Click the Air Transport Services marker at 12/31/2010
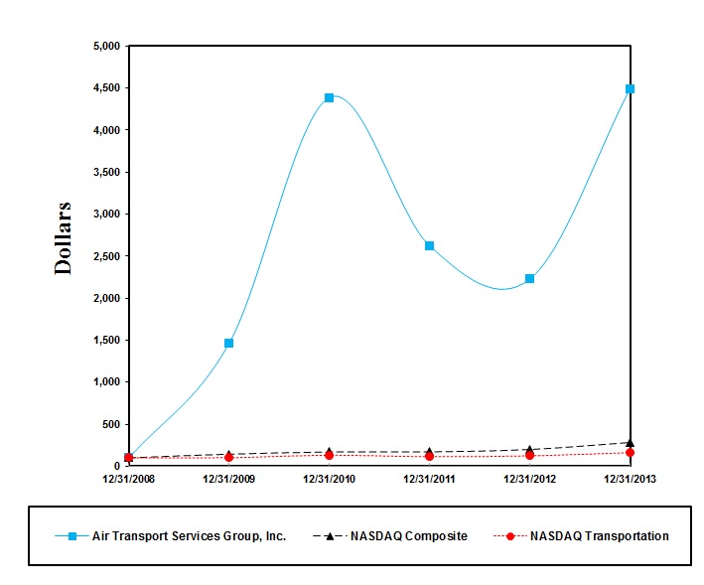pos(329,97)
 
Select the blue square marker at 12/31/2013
pos(630,88)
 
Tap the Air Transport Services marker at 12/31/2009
pos(228,343)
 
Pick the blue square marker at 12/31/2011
pos(429,245)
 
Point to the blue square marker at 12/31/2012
pos(529,278)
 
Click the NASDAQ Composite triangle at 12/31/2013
pos(630,442)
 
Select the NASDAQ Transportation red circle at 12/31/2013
pos(630,453)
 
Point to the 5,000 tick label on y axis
pos(104,46)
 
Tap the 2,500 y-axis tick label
pos(104,256)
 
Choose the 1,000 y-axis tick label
pos(104,382)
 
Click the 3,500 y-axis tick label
pos(104,172)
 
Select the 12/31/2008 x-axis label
pos(128,478)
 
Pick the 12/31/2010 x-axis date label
pos(329,478)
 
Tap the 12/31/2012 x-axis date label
pos(529,478)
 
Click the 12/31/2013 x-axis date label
pos(630,478)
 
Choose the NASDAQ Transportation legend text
pos(599,536)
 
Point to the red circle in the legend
pos(509,536)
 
